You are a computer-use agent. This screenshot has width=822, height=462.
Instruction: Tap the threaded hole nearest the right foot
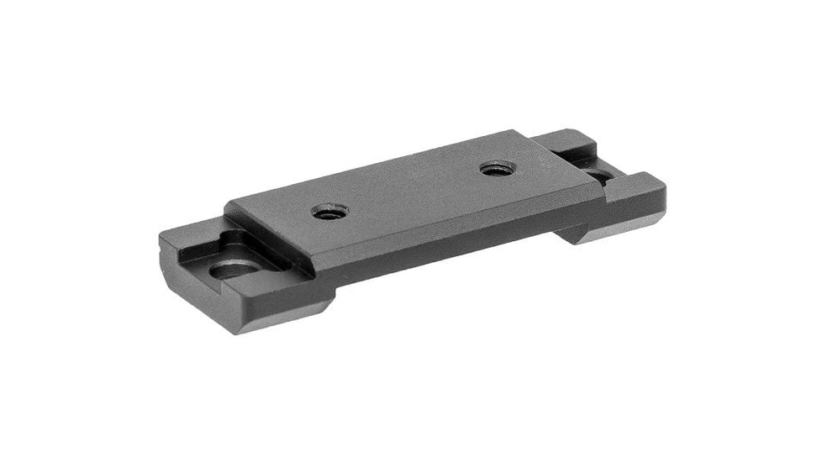pos(497,169)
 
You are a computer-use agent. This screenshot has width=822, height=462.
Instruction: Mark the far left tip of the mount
pos(160,244)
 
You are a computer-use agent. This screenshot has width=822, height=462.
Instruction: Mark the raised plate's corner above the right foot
pos(603,186)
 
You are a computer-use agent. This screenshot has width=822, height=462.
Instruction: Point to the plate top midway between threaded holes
pos(413,191)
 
